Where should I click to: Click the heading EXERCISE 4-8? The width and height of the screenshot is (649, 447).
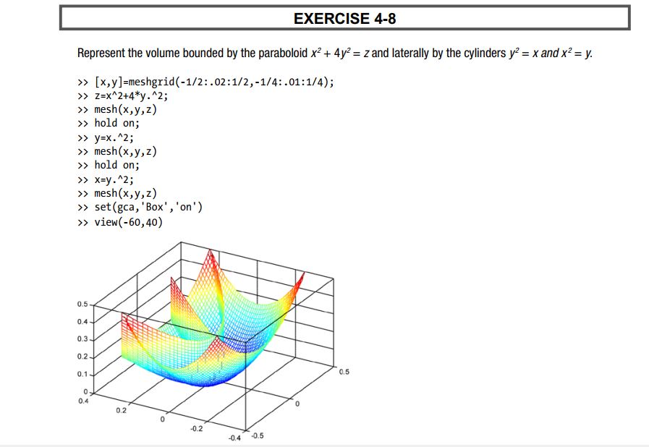pyautogui.click(x=345, y=19)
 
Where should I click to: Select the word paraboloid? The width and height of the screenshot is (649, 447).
pyautogui.click(x=283, y=54)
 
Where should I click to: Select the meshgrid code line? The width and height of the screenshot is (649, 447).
pyautogui.click(x=214, y=82)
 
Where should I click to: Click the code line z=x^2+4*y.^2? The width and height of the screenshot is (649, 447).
pyautogui.click(x=131, y=96)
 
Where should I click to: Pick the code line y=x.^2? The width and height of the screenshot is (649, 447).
pyautogui.click(x=114, y=138)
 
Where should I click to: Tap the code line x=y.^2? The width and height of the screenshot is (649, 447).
pyautogui.click(x=114, y=179)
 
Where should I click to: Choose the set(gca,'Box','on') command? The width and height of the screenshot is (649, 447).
pyautogui.click(x=148, y=207)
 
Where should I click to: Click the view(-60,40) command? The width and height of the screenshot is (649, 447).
pyautogui.click(x=129, y=222)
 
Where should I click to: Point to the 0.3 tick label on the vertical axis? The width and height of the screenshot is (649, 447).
pyautogui.click(x=82, y=339)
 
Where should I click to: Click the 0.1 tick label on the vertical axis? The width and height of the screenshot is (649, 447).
pyautogui.click(x=82, y=374)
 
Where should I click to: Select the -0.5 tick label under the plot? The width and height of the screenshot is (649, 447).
pyautogui.click(x=258, y=436)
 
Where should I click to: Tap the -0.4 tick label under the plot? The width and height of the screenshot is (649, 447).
pyautogui.click(x=234, y=438)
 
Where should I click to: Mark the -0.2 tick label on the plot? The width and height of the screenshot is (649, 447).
pyautogui.click(x=197, y=428)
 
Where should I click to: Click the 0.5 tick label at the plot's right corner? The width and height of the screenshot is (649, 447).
pyautogui.click(x=344, y=372)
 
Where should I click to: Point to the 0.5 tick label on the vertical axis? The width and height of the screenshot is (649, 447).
pyautogui.click(x=82, y=305)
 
